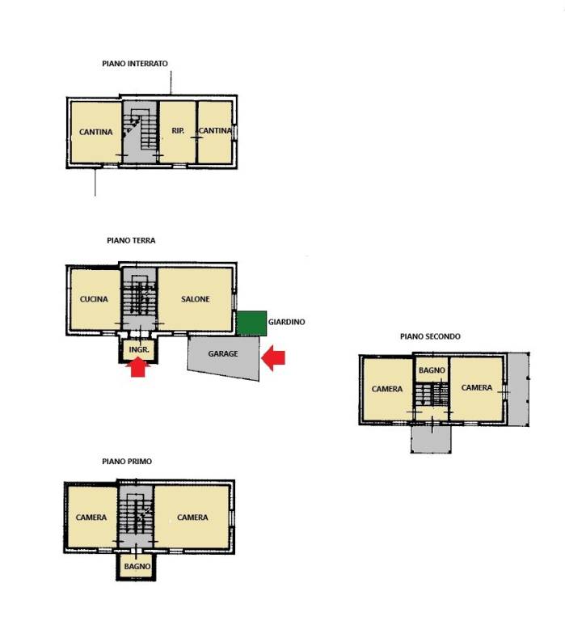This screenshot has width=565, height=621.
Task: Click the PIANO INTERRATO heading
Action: click(x=135, y=63)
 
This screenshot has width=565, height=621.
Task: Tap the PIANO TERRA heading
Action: click(x=131, y=240)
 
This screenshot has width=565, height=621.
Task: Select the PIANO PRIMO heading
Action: click(x=127, y=462)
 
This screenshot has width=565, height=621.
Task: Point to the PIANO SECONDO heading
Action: click(x=430, y=336)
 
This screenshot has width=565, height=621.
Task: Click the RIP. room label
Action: click(x=178, y=130)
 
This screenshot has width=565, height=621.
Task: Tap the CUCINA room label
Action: click(x=94, y=299)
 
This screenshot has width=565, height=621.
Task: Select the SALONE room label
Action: click(x=195, y=299)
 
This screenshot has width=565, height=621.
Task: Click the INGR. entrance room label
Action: click(x=139, y=349)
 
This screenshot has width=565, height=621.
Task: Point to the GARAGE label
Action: click(x=223, y=353)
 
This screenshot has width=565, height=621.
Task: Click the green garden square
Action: click(x=252, y=323)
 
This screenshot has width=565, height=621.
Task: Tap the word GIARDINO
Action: click(x=287, y=322)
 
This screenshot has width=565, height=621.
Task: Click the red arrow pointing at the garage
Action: click(x=273, y=358)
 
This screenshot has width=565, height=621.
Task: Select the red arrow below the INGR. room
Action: click(x=137, y=367)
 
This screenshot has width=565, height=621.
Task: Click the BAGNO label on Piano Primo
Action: click(x=137, y=566)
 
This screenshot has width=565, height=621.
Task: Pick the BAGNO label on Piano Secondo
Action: click(x=432, y=370)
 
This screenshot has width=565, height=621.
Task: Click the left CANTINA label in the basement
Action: click(x=96, y=132)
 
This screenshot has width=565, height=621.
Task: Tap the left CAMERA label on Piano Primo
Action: click(x=91, y=517)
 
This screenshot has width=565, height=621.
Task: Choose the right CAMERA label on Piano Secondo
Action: click(x=477, y=387)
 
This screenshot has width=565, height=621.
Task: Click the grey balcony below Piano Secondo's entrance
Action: click(x=431, y=439)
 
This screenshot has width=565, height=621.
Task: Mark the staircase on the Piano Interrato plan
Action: click(x=140, y=131)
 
